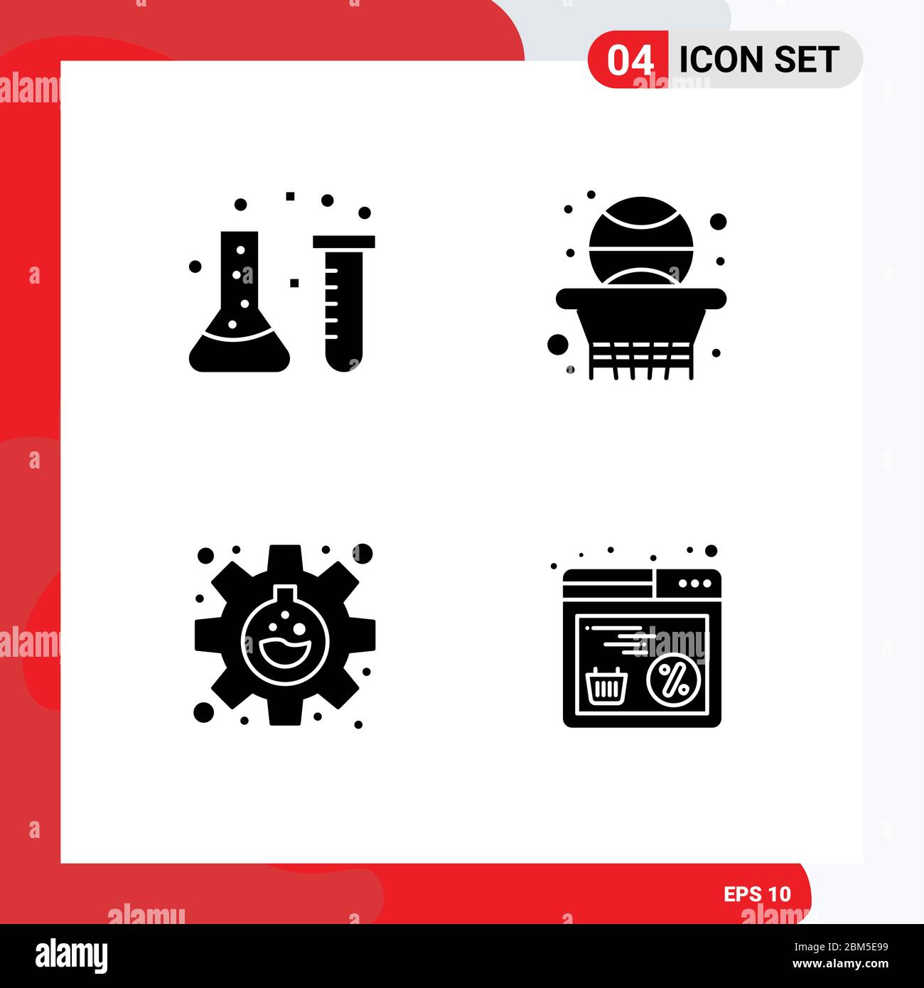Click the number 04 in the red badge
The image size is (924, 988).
pyautogui.click(x=630, y=60)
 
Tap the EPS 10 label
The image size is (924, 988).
pyautogui.click(x=757, y=894)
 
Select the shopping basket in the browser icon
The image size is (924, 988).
pyautogui.click(x=606, y=686)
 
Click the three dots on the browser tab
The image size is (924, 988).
pyautogui.click(x=694, y=583)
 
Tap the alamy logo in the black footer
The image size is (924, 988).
pyautogui.click(x=72, y=955)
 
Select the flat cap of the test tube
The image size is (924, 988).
pyautogui.click(x=344, y=242)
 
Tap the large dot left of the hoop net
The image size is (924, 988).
pyautogui.click(x=558, y=345)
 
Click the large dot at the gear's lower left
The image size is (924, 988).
pyautogui.click(x=204, y=712)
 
